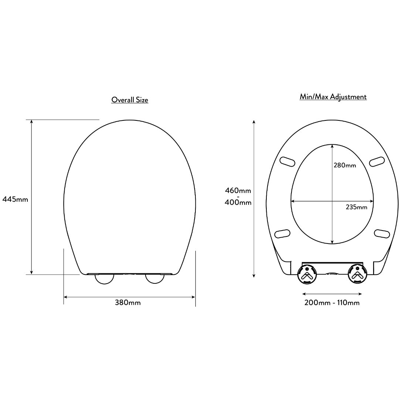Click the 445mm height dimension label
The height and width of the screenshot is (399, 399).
pos(15,199)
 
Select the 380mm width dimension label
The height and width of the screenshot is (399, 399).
pos(128,303)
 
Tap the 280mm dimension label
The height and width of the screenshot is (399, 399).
pos(345,166)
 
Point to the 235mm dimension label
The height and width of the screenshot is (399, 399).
pos(356,207)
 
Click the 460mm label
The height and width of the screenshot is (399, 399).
pos(238,190)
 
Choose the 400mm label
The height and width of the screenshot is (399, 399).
pos(238,202)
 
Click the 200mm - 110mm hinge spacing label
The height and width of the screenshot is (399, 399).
pos(332,303)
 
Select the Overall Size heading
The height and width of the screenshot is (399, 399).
pos(130,100)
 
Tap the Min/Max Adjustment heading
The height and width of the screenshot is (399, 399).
pos(333,97)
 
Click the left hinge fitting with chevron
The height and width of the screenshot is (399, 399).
pos(307,274)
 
